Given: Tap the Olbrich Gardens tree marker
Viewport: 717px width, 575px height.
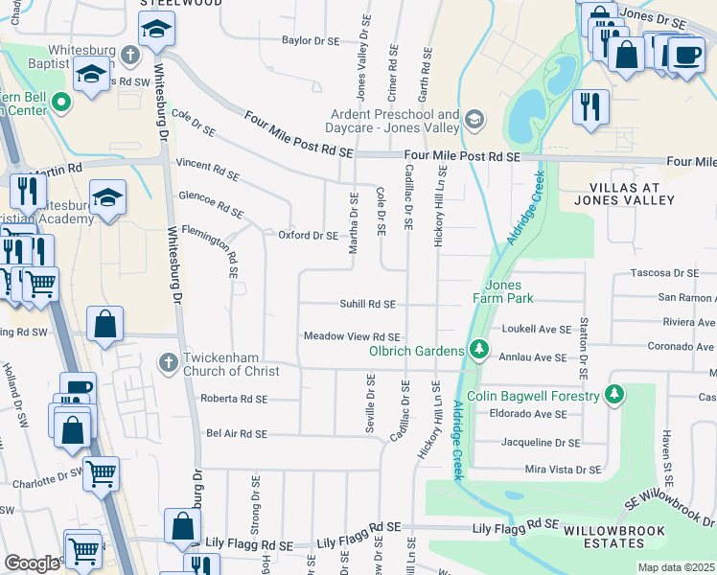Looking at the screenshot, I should click(476, 351).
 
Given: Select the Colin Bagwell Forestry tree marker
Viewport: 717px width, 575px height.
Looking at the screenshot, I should click(614, 395).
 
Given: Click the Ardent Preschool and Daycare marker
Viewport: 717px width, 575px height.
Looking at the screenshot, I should click(474, 120).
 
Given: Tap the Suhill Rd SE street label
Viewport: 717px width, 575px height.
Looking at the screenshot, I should click(367, 304).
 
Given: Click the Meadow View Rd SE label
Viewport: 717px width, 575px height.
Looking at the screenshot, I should click(351, 336).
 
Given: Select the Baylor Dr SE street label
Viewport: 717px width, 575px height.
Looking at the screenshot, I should click(311, 41).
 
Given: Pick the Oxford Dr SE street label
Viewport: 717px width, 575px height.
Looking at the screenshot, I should click(308, 235).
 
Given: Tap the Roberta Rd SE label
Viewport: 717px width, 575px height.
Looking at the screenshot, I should click(234, 398).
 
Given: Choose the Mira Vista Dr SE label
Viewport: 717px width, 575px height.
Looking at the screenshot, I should click(563, 470).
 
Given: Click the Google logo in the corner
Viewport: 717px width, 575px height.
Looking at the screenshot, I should click(32, 563).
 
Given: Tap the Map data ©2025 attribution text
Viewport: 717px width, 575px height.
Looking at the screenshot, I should click(676, 567).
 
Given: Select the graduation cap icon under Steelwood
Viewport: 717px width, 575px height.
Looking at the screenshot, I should click(154, 31).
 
